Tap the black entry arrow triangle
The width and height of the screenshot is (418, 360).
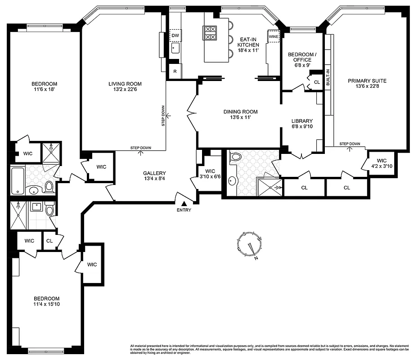tap(184, 204)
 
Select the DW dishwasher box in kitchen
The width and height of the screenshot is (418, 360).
tap(175, 35)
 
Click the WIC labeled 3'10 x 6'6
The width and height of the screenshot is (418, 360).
tap(210, 174)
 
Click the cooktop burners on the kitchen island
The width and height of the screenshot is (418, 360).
tap(211, 33)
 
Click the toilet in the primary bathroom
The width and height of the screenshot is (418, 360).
tap(236, 157)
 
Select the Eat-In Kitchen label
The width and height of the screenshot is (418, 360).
tap(248, 41)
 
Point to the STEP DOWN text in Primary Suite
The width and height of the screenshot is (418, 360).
tap(350, 144)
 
